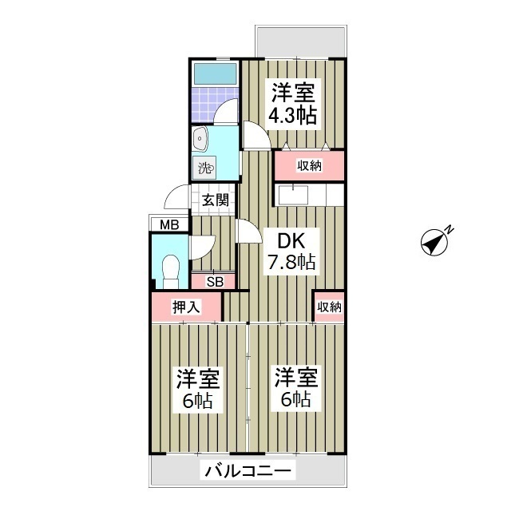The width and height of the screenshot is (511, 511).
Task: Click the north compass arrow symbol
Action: coord(436,242)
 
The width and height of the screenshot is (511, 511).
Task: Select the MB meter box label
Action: coord(169,225)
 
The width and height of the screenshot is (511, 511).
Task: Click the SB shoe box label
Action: coord(214,281)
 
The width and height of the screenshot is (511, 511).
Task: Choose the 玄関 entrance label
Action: coord(215,200)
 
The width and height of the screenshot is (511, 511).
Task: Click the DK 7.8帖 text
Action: coord(291,250)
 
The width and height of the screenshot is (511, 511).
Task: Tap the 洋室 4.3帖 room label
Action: coord(293,103)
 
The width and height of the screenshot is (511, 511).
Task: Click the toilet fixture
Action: coord(169,269)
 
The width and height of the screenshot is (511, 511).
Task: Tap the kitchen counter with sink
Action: coord(310,195)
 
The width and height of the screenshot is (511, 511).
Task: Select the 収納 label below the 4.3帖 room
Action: coord(310,165)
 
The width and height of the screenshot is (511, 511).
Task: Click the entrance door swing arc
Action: coord(177,196)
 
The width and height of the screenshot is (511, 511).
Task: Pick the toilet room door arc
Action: coord(200,248)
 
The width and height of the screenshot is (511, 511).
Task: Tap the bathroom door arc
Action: coord(228,111)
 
